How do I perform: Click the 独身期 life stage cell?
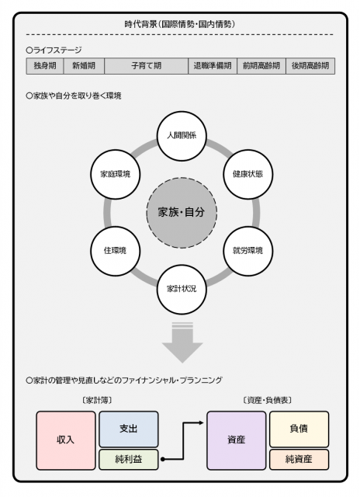tap(45, 66)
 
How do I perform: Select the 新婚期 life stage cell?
tap(84, 66)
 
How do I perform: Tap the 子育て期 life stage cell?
tap(147, 66)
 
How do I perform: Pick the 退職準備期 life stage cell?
tap(213, 66)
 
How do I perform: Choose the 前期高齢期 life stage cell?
tap(261, 66)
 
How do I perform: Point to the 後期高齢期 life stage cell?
tap(310, 66)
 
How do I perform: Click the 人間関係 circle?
tap(182, 136)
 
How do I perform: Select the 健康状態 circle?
tap(248, 174)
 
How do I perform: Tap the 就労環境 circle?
tap(248, 251)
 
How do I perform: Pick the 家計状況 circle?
tap(182, 289)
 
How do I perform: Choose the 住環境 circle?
tap(116, 251)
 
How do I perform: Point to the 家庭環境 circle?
tap(116, 174)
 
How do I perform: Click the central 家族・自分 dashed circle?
tap(182, 212)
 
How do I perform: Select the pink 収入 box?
tap(66, 440)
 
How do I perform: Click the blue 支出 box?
tap(129, 429)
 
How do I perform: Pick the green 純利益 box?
tap(129, 459)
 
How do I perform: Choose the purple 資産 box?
tap(236, 440)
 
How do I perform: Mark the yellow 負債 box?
tap(299, 429)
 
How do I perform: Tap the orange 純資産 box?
tap(299, 459)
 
